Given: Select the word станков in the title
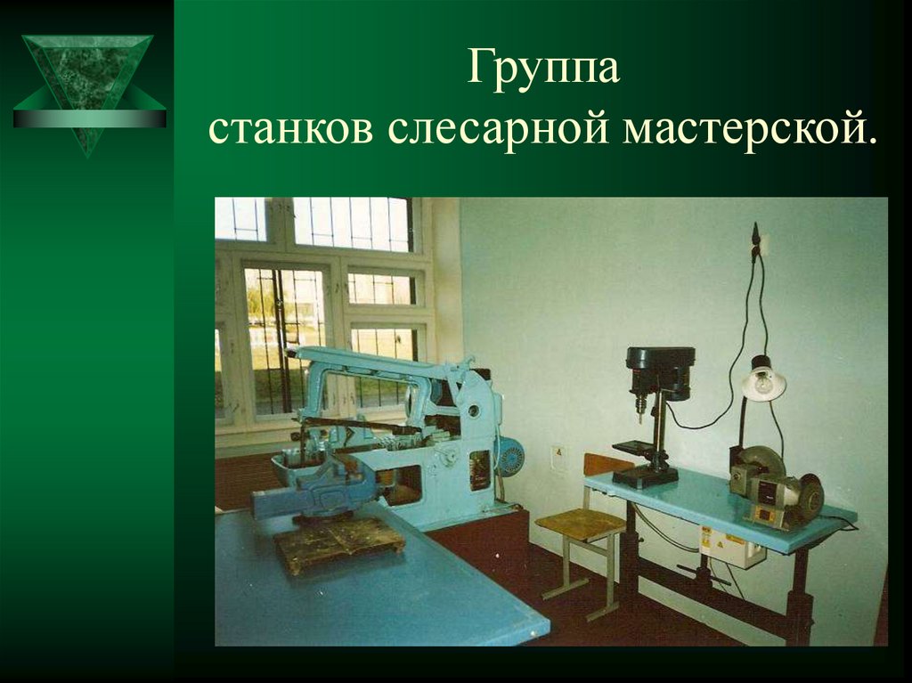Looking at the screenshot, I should pyautogui.click(x=290, y=129).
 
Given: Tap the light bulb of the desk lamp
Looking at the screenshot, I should pyautogui.click(x=763, y=384).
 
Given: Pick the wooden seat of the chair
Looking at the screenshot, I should pyautogui.click(x=580, y=524).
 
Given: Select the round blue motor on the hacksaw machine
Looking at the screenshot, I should pyautogui.click(x=510, y=457).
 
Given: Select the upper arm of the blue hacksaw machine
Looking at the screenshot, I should pyautogui.click(x=374, y=362).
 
